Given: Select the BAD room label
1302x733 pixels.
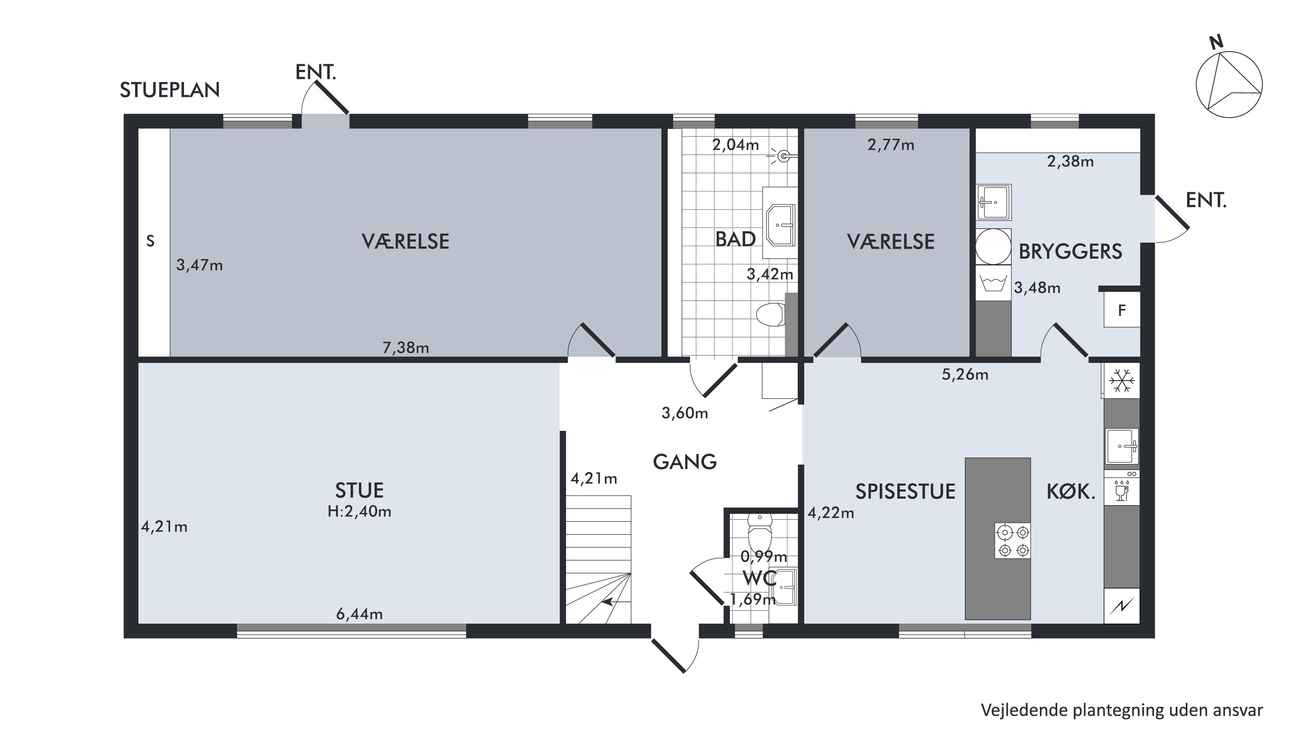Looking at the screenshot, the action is pos(735,239).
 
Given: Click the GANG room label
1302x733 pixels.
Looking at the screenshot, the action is pos(685,461).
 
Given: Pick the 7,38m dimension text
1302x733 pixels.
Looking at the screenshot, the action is pos(406,348).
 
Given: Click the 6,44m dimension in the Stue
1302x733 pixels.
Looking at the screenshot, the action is pos(359,614).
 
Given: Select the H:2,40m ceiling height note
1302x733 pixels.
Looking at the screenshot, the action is pos(359,512).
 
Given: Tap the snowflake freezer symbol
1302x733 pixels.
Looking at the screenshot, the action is pos(1121,380).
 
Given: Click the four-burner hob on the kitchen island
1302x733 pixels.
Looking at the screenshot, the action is pos(1013,540).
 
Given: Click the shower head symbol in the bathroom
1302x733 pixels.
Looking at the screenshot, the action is pos(783,156).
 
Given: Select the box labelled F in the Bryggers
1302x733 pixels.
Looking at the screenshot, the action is pos(1121,310).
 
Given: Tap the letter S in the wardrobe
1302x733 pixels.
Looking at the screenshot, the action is pos(150,242).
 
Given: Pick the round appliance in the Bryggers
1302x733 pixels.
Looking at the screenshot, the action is pos(993,246).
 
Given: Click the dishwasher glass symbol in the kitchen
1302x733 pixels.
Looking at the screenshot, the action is pos(1121,490).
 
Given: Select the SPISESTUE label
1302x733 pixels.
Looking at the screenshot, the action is pos(905,491).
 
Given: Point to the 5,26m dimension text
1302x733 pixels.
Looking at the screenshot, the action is pos(965,375).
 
